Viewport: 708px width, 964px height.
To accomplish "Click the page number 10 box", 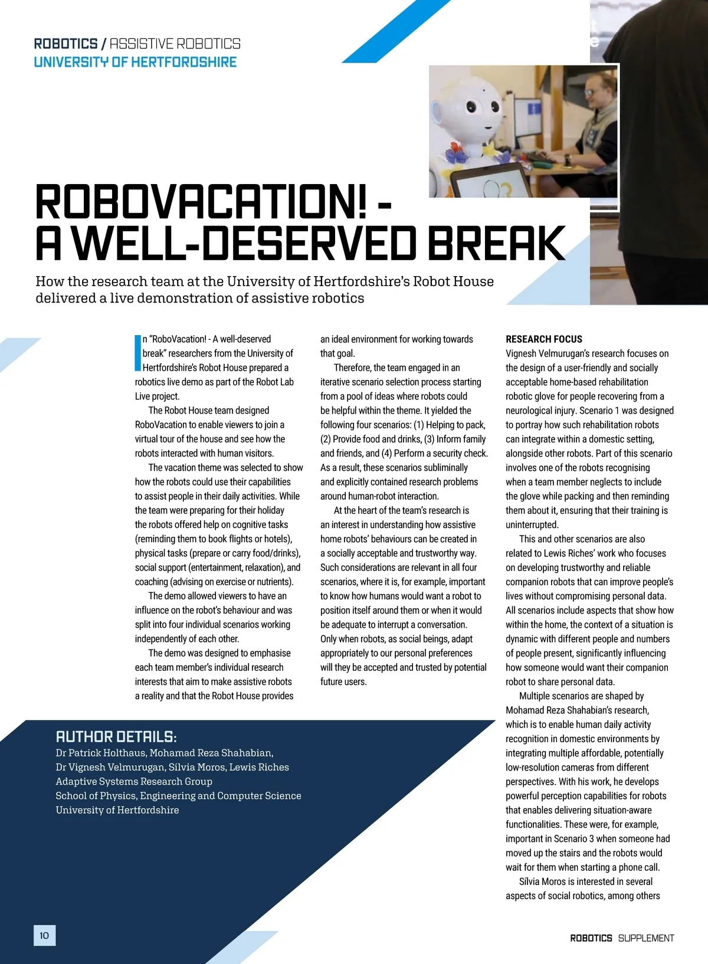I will [44, 935].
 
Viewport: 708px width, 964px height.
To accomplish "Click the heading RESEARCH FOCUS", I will [543, 339].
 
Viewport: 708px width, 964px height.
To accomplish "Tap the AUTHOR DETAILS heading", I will [116, 736].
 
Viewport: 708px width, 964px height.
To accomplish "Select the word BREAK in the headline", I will [496, 243].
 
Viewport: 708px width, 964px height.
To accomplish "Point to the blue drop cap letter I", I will [138, 353].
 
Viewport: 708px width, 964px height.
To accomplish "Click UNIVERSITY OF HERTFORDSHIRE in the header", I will [135, 62].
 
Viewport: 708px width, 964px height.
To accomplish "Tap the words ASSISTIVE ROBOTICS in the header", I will [175, 44].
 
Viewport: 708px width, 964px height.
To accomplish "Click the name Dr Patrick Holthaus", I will [101, 753].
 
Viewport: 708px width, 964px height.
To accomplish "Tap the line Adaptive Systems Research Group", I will [134, 781].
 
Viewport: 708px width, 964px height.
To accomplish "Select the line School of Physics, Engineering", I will [178, 795].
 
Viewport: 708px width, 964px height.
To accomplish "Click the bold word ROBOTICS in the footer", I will [591, 938].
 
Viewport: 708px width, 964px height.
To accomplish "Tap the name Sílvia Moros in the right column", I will [542, 881].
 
